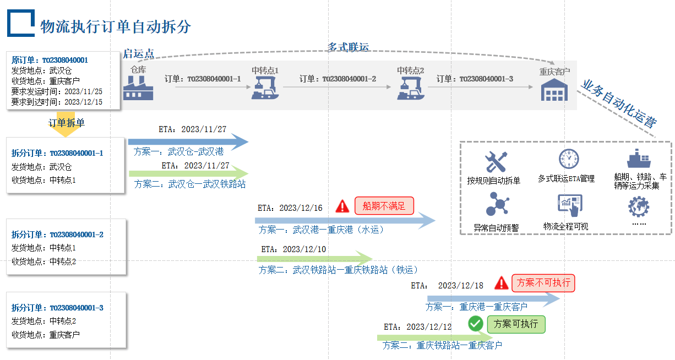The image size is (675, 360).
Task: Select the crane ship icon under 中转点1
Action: click(265, 88)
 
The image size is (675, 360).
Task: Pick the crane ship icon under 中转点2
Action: click(410, 88)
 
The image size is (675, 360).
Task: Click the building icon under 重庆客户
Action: click(554, 90)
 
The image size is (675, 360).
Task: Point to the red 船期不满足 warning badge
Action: click(384, 206)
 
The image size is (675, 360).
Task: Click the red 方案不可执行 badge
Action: click(543, 283)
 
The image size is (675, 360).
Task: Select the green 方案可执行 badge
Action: click(516, 324)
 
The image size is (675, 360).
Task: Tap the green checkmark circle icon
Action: click(476, 324)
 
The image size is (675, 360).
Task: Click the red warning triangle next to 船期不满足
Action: click(342, 206)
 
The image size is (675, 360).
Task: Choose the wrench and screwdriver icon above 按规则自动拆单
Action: click(496, 162)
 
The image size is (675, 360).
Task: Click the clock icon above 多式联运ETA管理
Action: click(569, 159)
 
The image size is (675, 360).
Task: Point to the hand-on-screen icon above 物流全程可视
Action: click(570, 205)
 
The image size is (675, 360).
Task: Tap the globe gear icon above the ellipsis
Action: click(639, 206)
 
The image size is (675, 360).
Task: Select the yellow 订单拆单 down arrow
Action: click(66, 124)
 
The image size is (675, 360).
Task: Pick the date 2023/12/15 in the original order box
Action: click(84, 102)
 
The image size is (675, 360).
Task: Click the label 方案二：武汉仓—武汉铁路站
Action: click(190, 184)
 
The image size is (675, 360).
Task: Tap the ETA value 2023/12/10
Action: click(304, 249)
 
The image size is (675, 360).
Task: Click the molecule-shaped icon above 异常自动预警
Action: click(497, 205)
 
